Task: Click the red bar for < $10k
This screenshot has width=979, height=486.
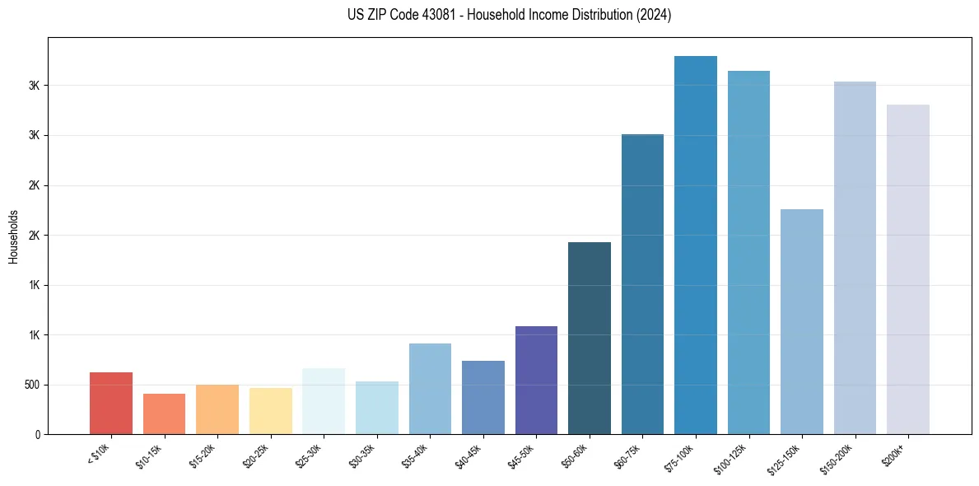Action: coord(111,404)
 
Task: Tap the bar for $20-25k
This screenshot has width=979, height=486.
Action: coord(270,411)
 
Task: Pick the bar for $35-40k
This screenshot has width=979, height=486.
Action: coord(430,389)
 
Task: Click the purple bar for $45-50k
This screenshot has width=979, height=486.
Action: coord(536,381)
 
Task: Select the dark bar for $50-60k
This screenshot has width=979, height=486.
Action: coord(590,339)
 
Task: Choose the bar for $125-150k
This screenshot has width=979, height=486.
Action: coord(802,322)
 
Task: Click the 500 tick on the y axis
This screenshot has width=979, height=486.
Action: coord(35,385)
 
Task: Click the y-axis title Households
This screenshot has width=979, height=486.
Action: coord(13,236)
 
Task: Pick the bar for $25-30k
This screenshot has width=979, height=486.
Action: coord(324,401)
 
